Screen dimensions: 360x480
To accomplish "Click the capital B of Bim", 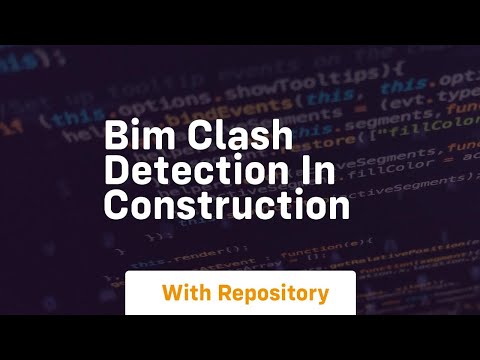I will coord(115,136).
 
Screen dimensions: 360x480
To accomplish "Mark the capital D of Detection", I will coord(116,170).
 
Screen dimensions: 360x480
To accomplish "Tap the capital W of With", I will coord(172,294).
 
